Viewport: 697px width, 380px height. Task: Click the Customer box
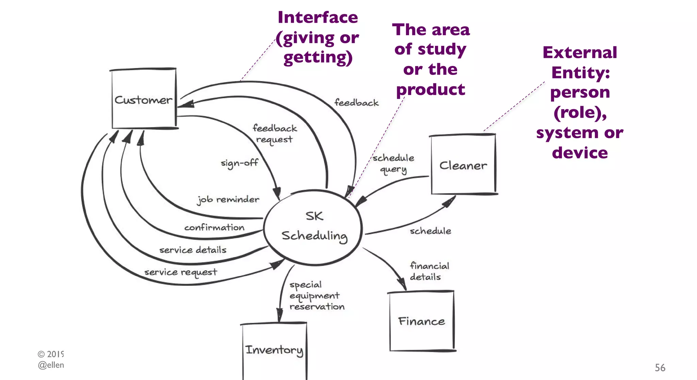(x=144, y=99)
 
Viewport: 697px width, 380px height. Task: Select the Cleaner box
(x=463, y=165)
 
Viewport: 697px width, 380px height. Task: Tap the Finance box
(x=421, y=321)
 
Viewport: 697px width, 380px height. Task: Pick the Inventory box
(x=274, y=350)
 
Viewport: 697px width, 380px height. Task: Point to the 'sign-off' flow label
(x=239, y=163)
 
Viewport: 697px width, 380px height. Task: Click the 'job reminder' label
(x=228, y=199)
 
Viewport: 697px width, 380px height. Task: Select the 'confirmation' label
(x=214, y=227)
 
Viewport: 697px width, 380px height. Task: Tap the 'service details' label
(x=193, y=250)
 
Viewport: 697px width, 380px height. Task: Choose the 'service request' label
(x=180, y=272)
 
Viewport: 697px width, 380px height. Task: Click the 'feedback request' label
(x=275, y=134)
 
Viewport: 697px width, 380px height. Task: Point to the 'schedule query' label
(x=393, y=163)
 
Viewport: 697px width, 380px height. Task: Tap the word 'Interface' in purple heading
(x=318, y=17)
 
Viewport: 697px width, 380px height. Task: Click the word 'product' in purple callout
(x=431, y=90)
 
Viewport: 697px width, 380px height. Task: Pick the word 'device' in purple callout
(x=580, y=153)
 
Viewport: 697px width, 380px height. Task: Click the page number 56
(x=660, y=367)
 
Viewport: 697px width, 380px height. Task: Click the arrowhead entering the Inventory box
(x=279, y=315)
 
